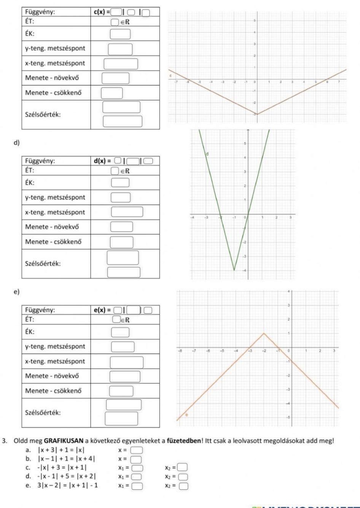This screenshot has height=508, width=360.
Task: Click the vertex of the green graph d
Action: coord(234,270)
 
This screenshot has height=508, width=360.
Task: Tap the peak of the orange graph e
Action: coord(264,333)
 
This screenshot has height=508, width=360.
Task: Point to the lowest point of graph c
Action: coord(257,114)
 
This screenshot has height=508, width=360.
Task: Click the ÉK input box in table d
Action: coord(120,183)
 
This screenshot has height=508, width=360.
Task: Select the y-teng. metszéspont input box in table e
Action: coord(123,346)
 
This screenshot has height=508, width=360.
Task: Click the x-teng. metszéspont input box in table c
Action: coord(121,63)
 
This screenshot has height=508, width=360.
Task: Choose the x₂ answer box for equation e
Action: coord(183,485)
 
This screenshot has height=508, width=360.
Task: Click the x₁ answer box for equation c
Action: coord(138,468)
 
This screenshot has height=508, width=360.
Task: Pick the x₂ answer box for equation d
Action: coord(183,477)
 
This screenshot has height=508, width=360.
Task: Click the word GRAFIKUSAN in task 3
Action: coord(64,441)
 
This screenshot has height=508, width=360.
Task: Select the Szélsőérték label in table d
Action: coord(43,263)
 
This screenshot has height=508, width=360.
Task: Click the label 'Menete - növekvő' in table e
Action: coord(52,376)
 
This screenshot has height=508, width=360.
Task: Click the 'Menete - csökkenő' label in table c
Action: coord(53,92)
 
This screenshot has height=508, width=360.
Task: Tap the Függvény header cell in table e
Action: coord(40,310)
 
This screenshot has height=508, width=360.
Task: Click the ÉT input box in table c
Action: coord(115,22)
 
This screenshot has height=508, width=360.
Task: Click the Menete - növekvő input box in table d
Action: coord(122,227)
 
